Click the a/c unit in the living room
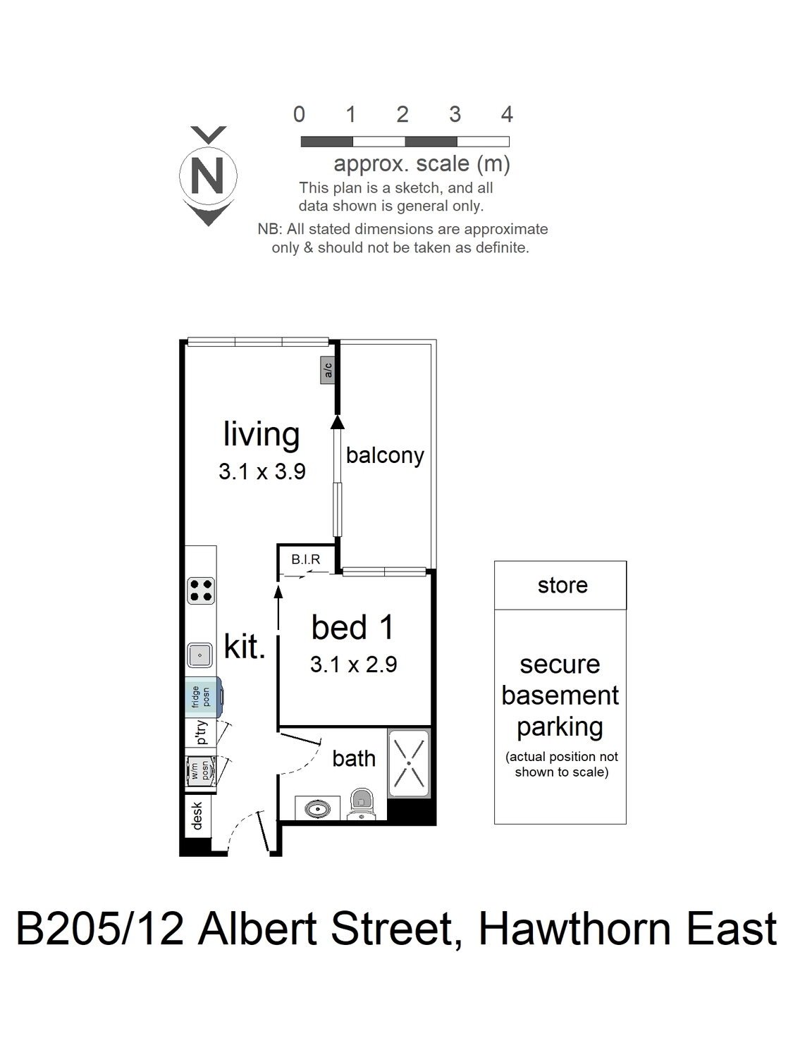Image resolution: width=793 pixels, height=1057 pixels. [328, 370]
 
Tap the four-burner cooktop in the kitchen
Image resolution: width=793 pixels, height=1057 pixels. [201, 591]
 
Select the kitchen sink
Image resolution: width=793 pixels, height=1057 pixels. [199, 655]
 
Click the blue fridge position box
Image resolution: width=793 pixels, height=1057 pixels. [204, 697]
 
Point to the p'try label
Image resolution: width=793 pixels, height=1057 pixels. [202, 732]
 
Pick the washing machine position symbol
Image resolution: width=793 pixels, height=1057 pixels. [202, 770]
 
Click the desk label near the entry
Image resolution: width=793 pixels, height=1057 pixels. [197, 816]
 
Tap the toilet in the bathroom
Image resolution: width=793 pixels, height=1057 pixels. [362, 803]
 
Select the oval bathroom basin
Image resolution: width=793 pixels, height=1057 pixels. [317, 809]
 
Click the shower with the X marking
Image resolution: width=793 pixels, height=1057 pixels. [409, 762]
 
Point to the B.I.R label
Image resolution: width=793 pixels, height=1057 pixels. [306, 559]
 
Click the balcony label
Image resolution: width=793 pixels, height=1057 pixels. [385, 455]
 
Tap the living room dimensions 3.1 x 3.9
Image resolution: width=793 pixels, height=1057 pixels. [262, 471]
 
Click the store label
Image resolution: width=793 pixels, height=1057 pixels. [563, 586]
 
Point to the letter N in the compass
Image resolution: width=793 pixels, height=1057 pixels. [207, 175]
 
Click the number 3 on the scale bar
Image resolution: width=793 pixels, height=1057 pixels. [455, 114]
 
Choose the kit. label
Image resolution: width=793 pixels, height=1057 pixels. [245, 646]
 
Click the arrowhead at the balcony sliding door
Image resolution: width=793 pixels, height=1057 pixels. [338, 422]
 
